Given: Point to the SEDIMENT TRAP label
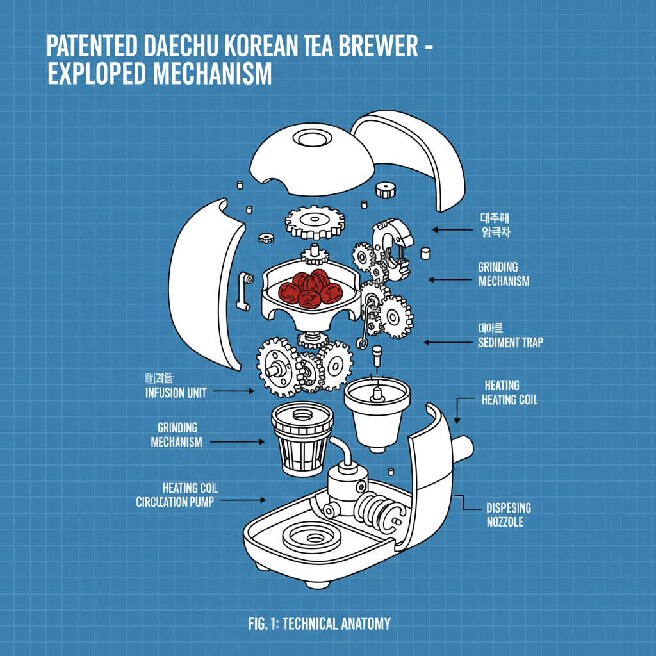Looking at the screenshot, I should point(510,343).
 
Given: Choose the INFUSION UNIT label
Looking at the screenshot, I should point(176,393).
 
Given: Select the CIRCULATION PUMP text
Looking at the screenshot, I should point(175,502).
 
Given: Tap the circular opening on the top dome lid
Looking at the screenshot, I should point(314,139).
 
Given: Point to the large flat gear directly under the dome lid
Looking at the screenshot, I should point(315,222).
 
